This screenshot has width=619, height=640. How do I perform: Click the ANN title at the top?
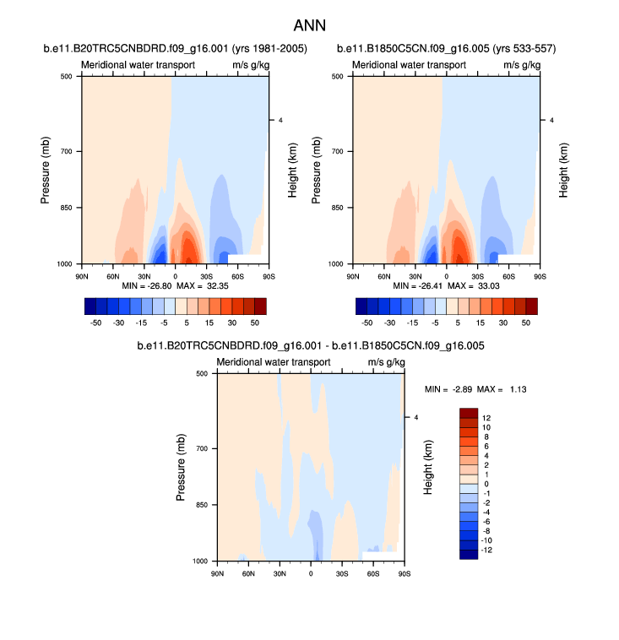[x=309, y=25]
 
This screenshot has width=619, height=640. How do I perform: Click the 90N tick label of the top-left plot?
[x=82, y=275]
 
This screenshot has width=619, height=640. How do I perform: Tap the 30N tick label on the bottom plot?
[x=280, y=572]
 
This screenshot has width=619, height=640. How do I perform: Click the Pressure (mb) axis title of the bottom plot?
[x=182, y=467]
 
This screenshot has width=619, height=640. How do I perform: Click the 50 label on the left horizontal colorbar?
[x=254, y=322]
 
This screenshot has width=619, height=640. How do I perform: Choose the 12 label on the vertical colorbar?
[x=486, y=417]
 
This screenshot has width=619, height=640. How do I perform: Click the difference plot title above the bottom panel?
[x=309, y=346]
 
